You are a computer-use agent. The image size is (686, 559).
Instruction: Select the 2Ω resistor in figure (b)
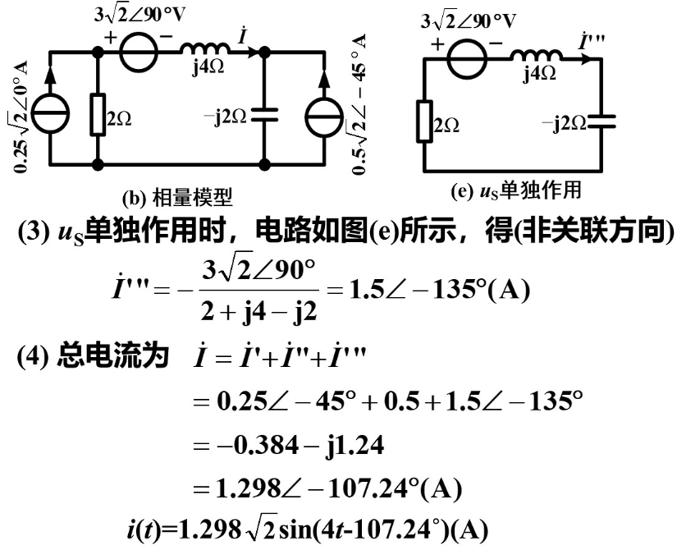coord(98,118)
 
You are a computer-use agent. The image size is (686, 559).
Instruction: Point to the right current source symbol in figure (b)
coord(316,119)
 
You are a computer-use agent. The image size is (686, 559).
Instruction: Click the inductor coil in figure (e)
coord(537,56)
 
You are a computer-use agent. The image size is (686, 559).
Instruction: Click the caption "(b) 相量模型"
coord(176,196)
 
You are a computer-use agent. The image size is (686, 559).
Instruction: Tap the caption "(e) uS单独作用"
coord(516,190)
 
